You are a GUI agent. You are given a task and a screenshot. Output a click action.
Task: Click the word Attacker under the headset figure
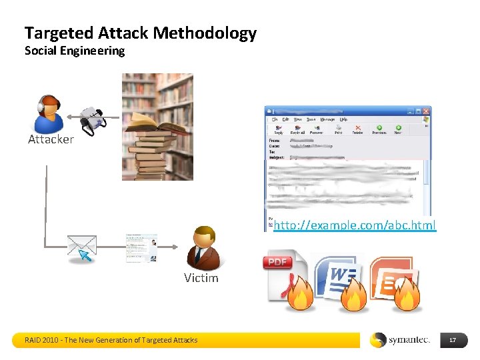[51, 139]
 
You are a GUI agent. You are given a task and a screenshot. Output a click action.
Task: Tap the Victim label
[201, 278]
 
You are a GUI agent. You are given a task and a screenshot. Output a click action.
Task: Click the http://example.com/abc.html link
[355, 225]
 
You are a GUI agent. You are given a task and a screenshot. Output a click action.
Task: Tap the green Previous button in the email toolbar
[379, 129]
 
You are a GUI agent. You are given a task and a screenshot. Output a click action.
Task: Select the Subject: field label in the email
[276, 158]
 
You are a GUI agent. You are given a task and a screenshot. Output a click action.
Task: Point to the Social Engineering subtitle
[75, 51]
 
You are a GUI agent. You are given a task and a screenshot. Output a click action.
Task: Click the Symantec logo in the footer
[401, 340]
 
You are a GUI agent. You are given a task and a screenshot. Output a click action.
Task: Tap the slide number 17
[453, 341]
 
